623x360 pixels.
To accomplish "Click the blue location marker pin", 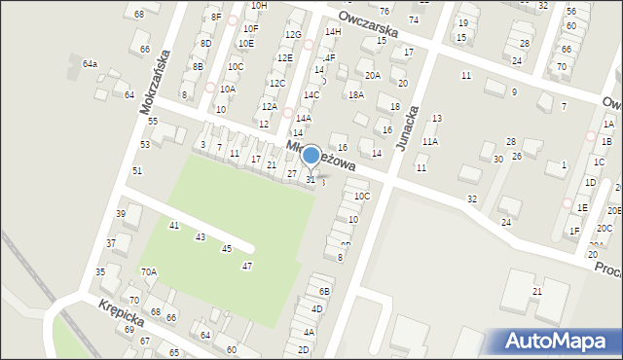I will pos(311,155).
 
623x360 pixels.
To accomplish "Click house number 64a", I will pos(90,63).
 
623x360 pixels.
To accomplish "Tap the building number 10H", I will pos(259,6).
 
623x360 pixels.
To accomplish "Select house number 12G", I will pos(293,35).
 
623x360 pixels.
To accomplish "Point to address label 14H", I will pos(333,32).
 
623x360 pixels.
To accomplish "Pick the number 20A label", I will pos(372,75).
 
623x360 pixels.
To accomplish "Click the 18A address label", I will pos(356,94).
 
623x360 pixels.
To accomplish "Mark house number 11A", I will pos(429,141).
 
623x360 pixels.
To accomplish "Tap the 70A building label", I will pos(149,271).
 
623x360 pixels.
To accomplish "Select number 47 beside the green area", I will pos(247,267).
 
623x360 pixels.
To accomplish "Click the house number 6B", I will pos(325,291).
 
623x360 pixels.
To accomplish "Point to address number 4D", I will pos(316,309).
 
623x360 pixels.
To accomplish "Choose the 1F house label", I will pos(574,231).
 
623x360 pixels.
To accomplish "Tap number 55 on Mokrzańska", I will pos(153,121).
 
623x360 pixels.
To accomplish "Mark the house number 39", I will pos(122,214).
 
